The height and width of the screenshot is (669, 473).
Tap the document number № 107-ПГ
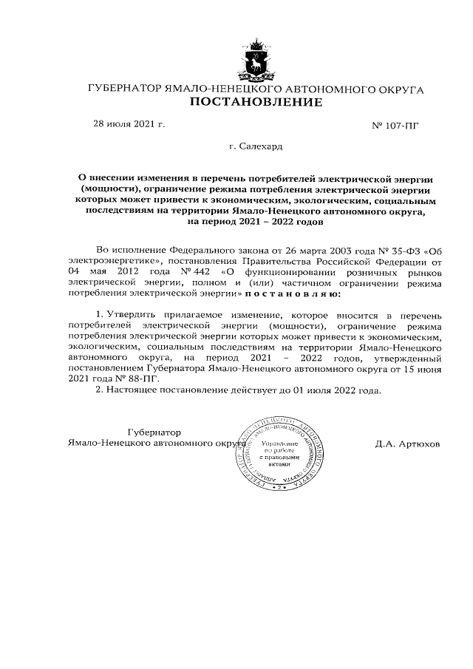pos(394,126)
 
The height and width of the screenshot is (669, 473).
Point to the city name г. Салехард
pos(256,146)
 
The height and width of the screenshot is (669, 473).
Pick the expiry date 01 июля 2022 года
pos(339,390)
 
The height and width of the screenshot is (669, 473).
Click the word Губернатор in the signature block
pos(154,432)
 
